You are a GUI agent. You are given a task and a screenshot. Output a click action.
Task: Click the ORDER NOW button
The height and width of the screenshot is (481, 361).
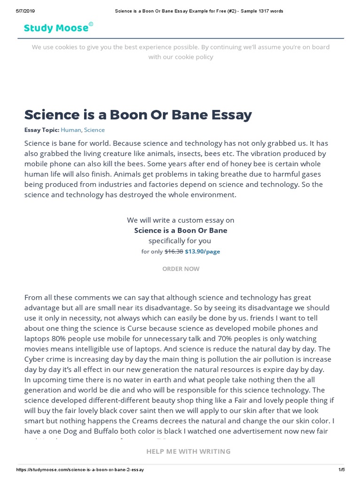180,269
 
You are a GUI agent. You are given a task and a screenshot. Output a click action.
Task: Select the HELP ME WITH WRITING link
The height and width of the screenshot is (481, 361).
188,451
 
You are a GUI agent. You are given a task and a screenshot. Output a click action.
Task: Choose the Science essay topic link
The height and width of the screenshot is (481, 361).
94,130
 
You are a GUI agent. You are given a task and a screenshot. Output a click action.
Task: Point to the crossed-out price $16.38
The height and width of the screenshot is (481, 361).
173,251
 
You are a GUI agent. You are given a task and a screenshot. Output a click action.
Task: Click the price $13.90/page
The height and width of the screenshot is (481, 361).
202,251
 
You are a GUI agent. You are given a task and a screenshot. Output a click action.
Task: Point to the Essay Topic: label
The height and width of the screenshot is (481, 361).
42,130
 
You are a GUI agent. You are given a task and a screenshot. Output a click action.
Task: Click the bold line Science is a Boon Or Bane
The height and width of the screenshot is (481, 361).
180,230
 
